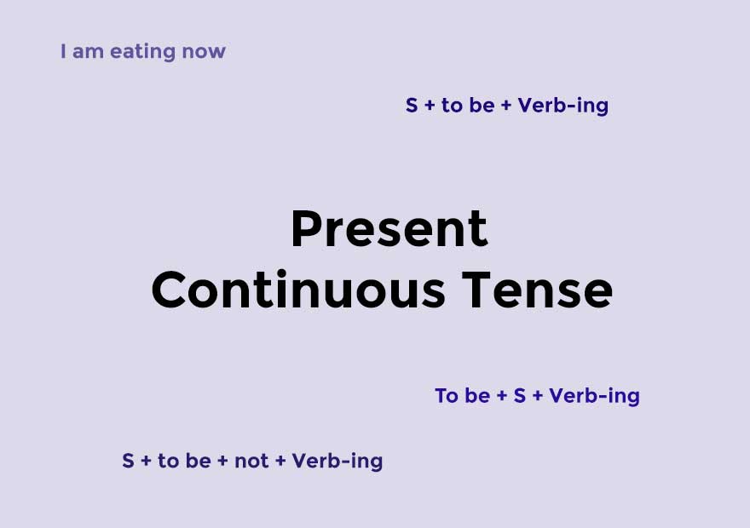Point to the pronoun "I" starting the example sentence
63,51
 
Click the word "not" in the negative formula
251,461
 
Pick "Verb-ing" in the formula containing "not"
337,461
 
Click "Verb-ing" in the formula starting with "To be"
594,396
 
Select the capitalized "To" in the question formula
447,396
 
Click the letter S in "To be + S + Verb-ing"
519,396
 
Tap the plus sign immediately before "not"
223,461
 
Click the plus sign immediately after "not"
280,461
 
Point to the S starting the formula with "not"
128,461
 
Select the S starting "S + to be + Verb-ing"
412,106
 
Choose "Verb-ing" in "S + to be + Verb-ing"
563,106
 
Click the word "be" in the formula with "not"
198,461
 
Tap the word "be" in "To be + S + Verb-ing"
477,396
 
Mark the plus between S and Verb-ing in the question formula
537,396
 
